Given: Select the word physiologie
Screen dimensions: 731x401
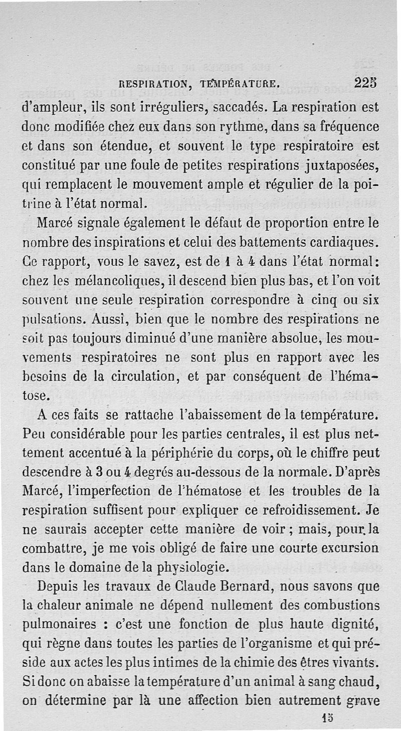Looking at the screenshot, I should tap(185, 568).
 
